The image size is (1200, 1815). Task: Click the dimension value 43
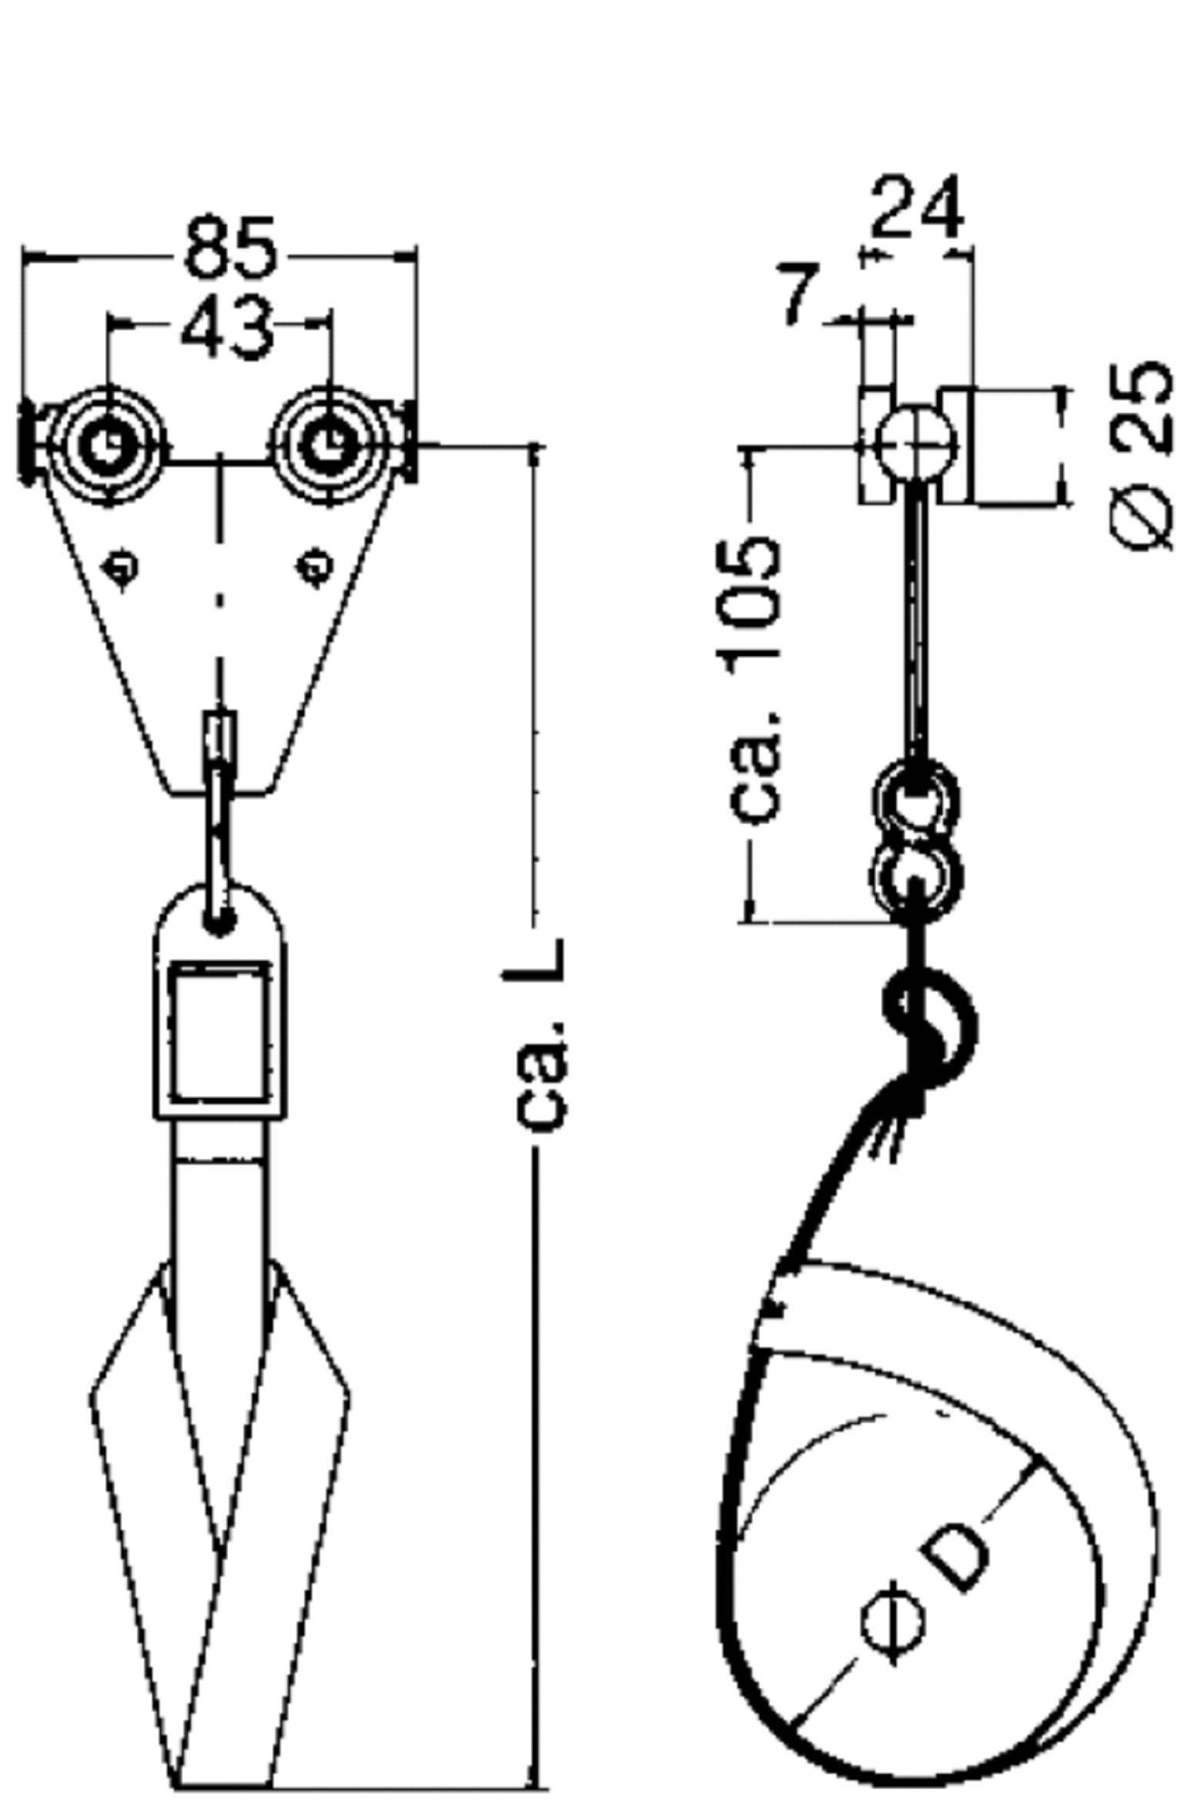pyautogui.click(x=226, y=326)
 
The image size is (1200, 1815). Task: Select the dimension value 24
pyautogui.click(x=917, y=208)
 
